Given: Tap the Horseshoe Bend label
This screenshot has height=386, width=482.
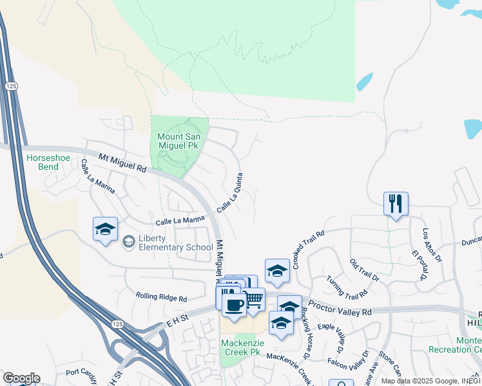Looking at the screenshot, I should coord(43,161).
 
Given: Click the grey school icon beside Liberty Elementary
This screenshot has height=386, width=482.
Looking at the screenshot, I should coord(128,241).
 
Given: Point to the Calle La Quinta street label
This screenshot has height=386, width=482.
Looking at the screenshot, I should coord(230,192).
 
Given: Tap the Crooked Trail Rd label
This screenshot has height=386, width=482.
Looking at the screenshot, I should coord(308,249).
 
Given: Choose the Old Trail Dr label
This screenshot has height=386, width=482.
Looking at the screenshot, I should coord(364,269).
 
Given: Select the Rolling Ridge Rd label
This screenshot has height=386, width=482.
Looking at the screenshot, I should coord(161,298).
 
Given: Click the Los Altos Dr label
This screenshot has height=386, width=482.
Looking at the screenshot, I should coord(432,245).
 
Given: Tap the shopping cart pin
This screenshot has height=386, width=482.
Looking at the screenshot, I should coord(253,299).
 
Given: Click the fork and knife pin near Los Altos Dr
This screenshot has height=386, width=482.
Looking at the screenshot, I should coord(395,204).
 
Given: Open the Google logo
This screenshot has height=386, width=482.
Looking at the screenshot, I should coord(21,378).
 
